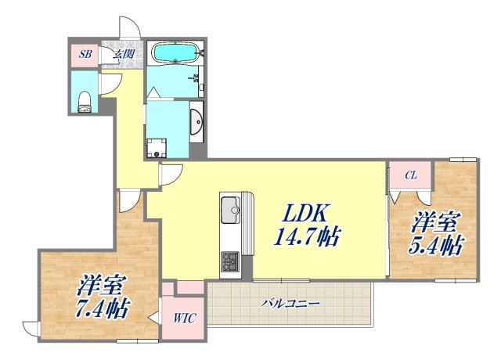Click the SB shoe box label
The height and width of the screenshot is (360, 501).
84,55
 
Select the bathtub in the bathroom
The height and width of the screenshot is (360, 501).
175,53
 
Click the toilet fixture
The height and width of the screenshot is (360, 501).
85,98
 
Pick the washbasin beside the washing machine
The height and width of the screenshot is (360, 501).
196,122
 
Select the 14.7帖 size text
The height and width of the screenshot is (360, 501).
308,236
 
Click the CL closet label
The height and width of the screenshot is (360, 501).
410,176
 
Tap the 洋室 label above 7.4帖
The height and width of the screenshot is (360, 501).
98,283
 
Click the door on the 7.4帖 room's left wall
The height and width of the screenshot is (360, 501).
31,327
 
